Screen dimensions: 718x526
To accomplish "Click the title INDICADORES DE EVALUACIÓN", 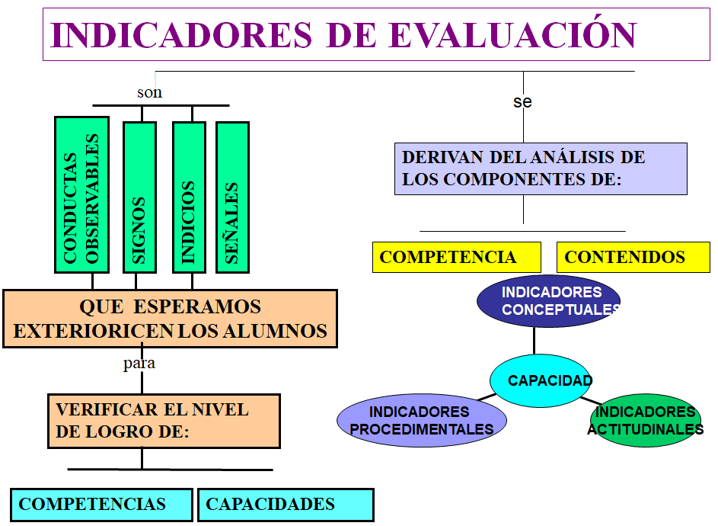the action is (343, 35).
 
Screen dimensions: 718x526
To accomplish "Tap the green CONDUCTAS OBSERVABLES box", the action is (82, 195).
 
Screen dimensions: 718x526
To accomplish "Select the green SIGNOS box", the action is (139, 197).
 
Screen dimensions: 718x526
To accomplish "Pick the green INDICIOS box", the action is (189, 197).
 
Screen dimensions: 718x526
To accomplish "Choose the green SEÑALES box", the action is (233, 197).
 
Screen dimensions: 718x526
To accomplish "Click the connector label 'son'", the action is (149, 92).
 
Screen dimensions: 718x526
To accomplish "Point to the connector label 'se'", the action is (522, 101).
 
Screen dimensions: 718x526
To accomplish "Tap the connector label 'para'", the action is (139, 363).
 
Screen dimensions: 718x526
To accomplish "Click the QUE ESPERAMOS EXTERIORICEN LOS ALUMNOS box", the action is (171, 319).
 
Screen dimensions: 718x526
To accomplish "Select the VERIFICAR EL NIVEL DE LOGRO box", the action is (164, 421).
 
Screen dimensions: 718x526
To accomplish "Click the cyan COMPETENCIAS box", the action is (101, 505).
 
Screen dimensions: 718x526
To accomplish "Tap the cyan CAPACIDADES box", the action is (286, 505).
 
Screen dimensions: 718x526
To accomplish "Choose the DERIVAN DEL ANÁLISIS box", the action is (541, 168).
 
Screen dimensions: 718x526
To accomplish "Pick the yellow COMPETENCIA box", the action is (457, 257).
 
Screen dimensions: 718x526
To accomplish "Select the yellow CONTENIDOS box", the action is (633, 257).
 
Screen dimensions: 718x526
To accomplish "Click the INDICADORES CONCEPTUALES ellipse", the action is (548, 301).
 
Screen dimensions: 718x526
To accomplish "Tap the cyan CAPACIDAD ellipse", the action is (541, 380).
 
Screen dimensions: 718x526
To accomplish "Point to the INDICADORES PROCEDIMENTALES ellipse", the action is (422, 421).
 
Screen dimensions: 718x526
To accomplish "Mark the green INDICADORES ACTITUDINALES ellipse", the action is (646, 421).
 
